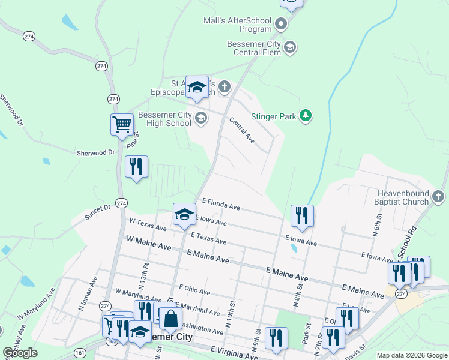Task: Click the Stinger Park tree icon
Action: [x=306, y=116]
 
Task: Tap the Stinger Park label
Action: [x=274, y=116]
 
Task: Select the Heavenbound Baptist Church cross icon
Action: [x=438, y=197]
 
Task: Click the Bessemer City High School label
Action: [x=164, y=119]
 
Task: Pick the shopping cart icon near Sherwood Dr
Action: [x=122, y=125]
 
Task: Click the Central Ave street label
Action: [x=242, y=130]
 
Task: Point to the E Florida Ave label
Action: [x=221, y=205]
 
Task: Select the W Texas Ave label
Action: [x=148, y=224]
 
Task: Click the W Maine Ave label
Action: [x=149, y=243]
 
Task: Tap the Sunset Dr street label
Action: [x=98, y=211]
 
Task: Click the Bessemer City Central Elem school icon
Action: [x=290, y=47]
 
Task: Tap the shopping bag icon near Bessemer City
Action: [x=170, y=317]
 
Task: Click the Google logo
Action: [x=20, y=353]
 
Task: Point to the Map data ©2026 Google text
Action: [x=411, y=355]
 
